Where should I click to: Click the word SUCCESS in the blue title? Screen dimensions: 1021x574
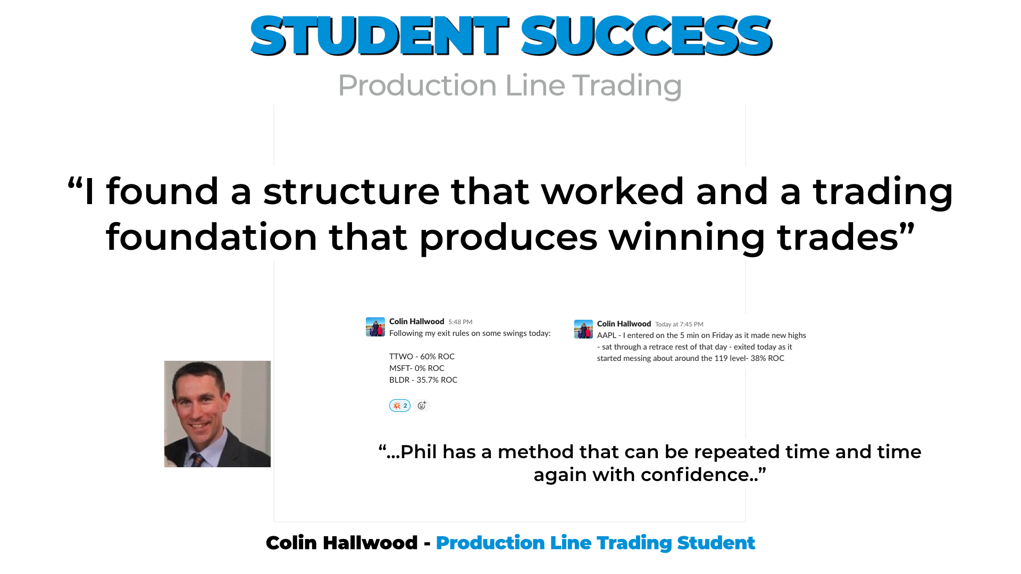[x=646, y=36]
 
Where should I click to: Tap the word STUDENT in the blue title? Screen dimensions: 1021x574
[x=379, y=36]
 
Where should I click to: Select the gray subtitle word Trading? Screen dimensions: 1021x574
[x=627, y=86]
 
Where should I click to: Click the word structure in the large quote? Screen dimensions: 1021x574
[x=352, y=191]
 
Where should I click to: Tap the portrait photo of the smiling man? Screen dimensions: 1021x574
[x=217, y=414]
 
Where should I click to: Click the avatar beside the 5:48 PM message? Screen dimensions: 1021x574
[x=375, y=327]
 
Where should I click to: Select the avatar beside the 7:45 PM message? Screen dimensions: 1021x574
[x=583, y=329]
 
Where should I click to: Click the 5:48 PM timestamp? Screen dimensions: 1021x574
[x=461, y=322]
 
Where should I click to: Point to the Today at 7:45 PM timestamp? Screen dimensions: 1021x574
[x=679, y=324]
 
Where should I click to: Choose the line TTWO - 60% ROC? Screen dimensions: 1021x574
[x=422, y=357]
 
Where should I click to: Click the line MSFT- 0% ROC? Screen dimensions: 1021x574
[x=417, y=368]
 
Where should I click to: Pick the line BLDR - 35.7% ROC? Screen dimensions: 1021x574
[x=423, y=380]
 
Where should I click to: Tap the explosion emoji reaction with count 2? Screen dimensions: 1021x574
[x=400, y=406]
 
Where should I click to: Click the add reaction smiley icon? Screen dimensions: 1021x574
[x=422, y=406]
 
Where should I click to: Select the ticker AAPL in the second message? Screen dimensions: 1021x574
[x=607, y=335]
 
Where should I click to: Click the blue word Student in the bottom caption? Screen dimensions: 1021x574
[x=716, y=543]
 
